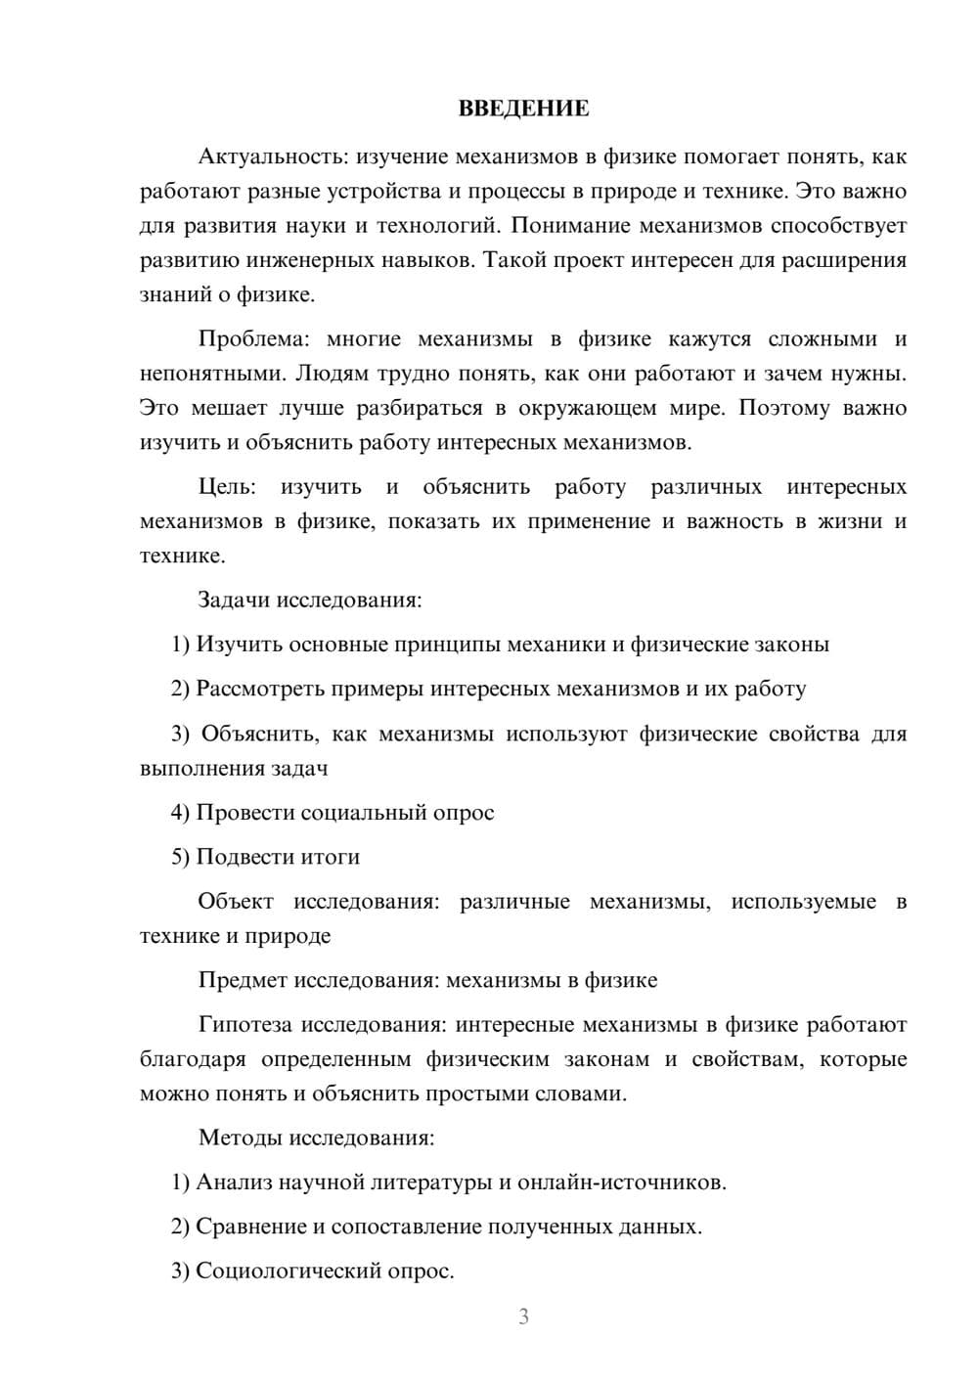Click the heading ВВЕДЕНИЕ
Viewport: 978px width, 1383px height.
[523, 109]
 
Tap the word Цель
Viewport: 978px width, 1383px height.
[226, 487]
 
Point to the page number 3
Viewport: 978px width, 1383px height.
[523, 1316]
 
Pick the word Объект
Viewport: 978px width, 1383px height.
[236, 902]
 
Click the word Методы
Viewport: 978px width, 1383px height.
[239, 1138]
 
